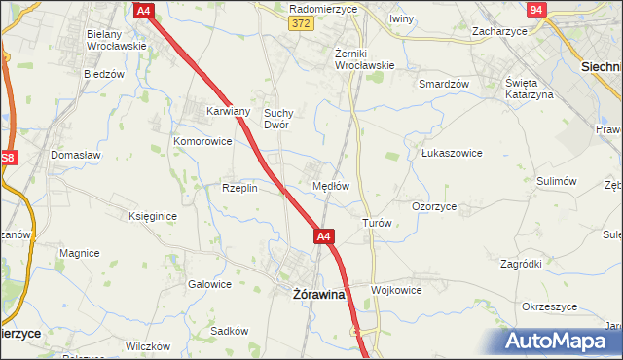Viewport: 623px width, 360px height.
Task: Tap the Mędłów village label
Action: (x=330, y=185)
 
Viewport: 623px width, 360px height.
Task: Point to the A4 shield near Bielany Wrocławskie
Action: (x=144, y=10)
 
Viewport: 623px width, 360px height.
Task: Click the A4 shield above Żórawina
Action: (x=324, y=235)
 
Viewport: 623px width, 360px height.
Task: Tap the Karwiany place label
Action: (x=229, y=111)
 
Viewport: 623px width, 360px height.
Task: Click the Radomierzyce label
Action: (x=324, y=8)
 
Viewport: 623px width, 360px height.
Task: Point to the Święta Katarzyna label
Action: (x=530, y=88)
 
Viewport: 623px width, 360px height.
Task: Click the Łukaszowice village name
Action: (x=452, y=153)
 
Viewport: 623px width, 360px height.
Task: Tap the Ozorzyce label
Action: (x=434, y=206)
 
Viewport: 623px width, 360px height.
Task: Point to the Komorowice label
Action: (x=202, y=141)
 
